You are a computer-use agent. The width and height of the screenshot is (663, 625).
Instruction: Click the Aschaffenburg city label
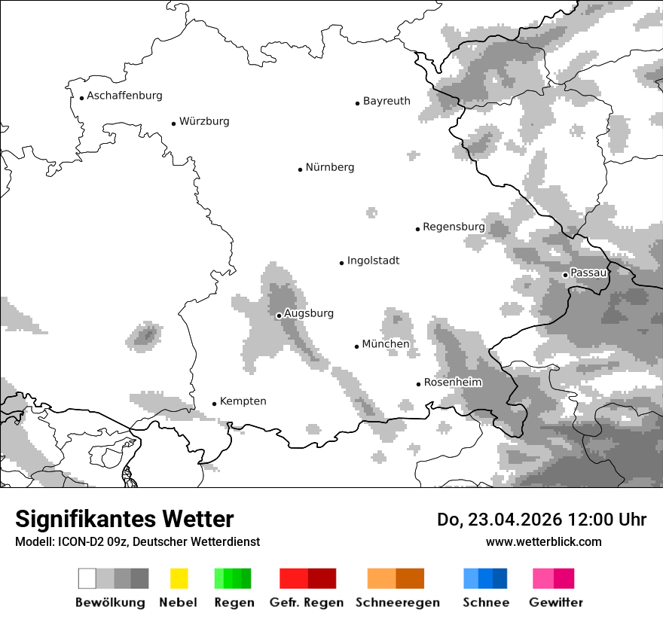click(x=124, y=96)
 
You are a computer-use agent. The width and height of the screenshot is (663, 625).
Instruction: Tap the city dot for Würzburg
click(x=173, y=123)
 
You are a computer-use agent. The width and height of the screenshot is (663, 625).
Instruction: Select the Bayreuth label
click(x=386, y=101)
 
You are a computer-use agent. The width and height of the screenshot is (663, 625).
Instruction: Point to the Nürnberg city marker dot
click(x=300, y=169)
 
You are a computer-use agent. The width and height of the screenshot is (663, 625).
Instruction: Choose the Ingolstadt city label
click(x=373, y=261)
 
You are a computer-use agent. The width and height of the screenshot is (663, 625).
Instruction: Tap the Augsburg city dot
click(x=279, y=316)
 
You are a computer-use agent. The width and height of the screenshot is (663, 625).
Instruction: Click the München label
click(x=386, y=344)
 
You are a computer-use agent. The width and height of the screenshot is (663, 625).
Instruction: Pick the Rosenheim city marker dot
click(x=418, y=384)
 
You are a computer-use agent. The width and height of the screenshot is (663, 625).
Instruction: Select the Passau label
click(x=588, y=273)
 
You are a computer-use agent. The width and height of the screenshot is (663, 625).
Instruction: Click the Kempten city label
click(x=243, y=401)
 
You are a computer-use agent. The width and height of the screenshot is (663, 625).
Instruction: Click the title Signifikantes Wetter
click(x=124, y=519)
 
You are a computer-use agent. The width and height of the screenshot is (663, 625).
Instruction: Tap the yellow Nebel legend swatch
click(x=179, y=578)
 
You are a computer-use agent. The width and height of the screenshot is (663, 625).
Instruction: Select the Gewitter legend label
click(x=556, y=602)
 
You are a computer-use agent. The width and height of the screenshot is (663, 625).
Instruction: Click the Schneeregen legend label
click(x=398, y=602)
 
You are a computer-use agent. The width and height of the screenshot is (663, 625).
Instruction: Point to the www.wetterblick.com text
click(x=543, y=541)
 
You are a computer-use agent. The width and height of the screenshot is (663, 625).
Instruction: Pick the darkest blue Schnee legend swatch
click(x=500, y=578)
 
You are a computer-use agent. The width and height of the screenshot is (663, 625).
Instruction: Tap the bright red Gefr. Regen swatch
click(x=293, y=578)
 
